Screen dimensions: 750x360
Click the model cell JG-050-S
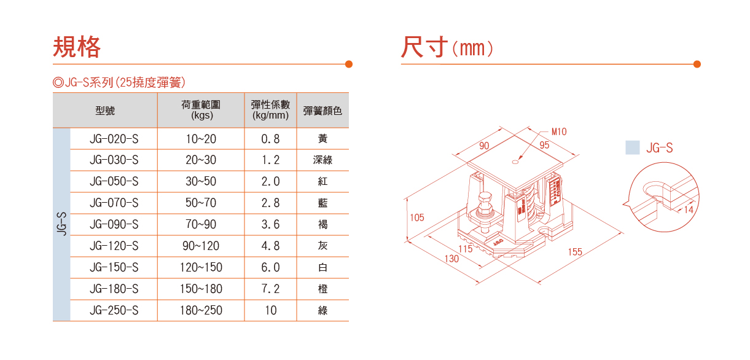point(114,181)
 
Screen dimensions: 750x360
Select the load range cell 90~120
point(201,246)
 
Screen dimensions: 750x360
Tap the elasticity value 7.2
point(270,289)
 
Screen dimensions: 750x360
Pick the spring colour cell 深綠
point(322,160)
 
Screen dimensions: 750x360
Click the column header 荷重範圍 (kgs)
point(201,110)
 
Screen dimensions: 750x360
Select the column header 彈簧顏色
point(322,111)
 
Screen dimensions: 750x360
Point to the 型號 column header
point(105,111)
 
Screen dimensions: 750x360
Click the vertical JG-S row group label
point(61,224)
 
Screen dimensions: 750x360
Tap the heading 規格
point(77,47)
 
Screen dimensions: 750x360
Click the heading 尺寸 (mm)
point(447,47)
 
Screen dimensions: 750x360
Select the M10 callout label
point(559,131)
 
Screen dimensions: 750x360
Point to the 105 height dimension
point(417,217)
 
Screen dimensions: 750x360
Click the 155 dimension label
point(575,252)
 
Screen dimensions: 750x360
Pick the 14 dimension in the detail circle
point(689,210)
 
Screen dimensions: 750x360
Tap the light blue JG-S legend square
point(633,147)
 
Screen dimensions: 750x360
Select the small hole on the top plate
point(515,162)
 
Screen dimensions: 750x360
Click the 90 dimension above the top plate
point(484,146)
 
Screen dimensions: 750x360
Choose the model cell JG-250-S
point(114,310)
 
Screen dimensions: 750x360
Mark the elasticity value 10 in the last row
point(270,310)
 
